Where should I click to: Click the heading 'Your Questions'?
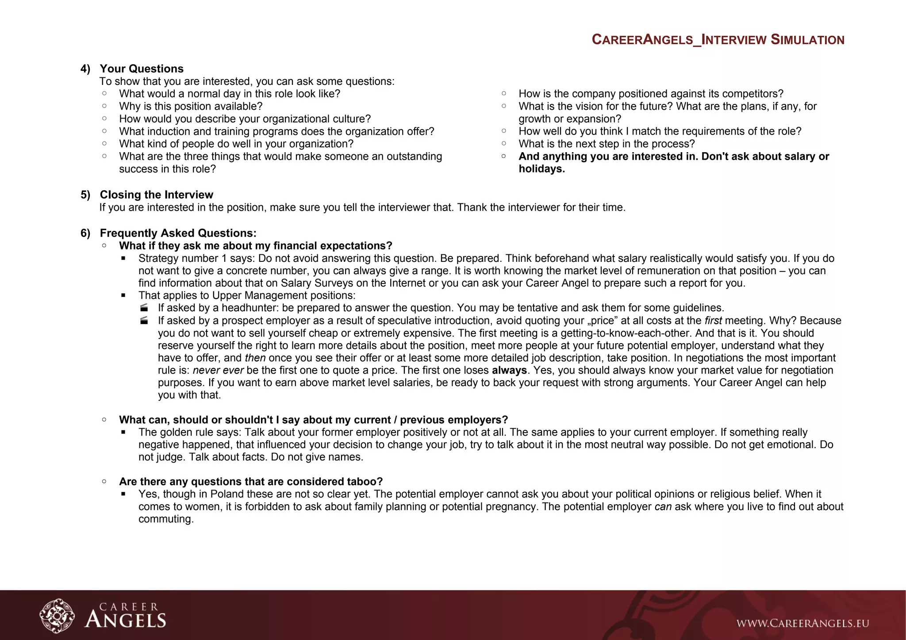(142, 69)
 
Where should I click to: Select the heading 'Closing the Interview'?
(156, 195)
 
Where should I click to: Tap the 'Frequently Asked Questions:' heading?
(178, 233)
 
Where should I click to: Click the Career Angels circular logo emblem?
(57, 616)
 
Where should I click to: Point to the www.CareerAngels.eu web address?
(802, 624)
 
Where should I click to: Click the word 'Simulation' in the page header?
(807, 40)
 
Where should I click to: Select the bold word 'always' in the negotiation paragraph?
(509, 370)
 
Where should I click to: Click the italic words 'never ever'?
(218, 370)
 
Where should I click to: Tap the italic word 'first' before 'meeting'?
(713, 321)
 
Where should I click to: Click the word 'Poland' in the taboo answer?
(226, 494)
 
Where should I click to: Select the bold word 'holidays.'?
(541, 169)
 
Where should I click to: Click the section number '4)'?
(85, 69)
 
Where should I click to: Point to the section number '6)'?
(85, 233)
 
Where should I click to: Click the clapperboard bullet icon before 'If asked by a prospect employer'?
(144, 321)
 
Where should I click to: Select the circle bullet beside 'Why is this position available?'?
(104, 106)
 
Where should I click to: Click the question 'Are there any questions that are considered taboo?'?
(250, 482)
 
